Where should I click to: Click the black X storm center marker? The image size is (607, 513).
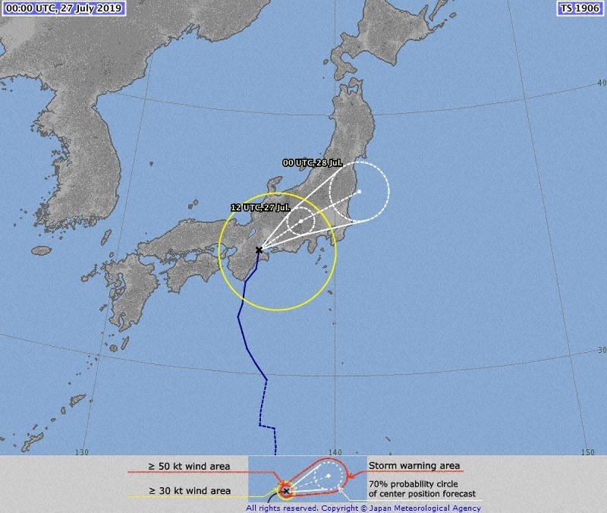tap(259, 250)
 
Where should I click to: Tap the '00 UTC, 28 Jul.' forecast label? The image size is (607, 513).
tap(313, 163)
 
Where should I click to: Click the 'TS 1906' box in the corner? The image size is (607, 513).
tap(579, 9)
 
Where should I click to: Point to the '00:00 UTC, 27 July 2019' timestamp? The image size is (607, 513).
tap(63, 9)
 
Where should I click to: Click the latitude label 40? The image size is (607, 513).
tap(601, 83)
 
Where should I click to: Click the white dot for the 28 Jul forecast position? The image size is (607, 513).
tap(359, 191)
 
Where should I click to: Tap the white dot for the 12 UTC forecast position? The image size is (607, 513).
tap(301, 221)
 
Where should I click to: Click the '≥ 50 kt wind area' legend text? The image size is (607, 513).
tap(189, 466)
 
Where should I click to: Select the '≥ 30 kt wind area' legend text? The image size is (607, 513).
tap(189, 491)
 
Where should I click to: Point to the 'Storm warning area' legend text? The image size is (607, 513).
tap(414, 466)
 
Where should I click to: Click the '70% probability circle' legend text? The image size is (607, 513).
tap(417, 483)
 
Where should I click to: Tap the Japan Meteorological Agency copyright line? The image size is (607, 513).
tap(363, 508)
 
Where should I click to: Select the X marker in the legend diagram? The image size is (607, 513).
tap(285, 491)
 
